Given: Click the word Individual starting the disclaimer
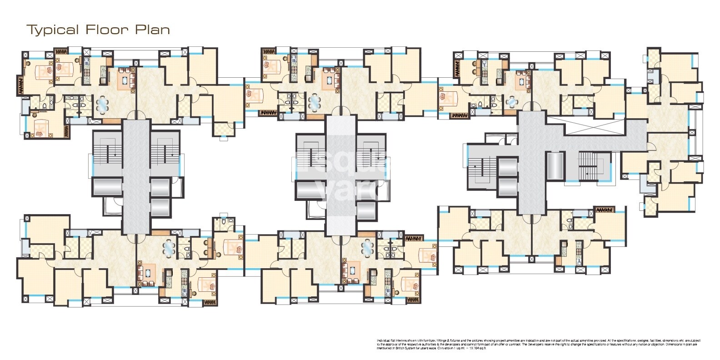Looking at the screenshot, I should pos(385,340).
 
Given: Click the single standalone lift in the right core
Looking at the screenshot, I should pos(555,166).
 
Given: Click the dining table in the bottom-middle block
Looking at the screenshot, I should pos(367,248).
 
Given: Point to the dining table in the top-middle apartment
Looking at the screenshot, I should pos(314,102).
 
